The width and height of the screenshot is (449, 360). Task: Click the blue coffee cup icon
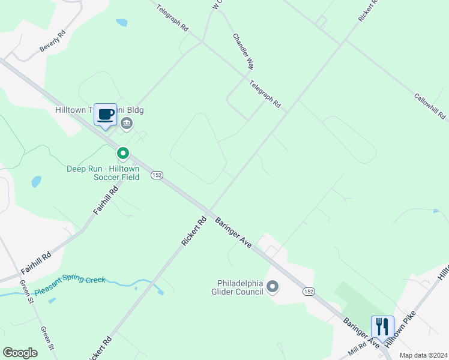pos(106,114)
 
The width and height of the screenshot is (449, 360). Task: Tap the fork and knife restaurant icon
pos(382,327)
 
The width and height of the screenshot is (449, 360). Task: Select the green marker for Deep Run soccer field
pos(123,154)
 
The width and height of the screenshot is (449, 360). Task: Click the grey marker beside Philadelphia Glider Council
pos(273,287)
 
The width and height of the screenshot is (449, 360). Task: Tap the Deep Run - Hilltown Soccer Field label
pos(103,173)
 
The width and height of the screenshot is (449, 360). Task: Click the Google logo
pos(20,352)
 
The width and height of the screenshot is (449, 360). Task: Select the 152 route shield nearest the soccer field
pos(157,175)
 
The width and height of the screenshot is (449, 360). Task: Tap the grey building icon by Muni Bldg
pos(127,124)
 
